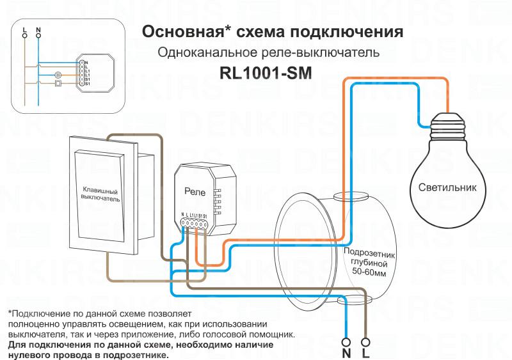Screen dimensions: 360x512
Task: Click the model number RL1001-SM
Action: pyautogui.click(x=265, y=74)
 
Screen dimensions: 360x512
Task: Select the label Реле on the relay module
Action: pyautogui.click(x=195, y=191)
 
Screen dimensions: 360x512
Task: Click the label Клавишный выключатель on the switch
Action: pyautogui.click(x=100, y=194)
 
